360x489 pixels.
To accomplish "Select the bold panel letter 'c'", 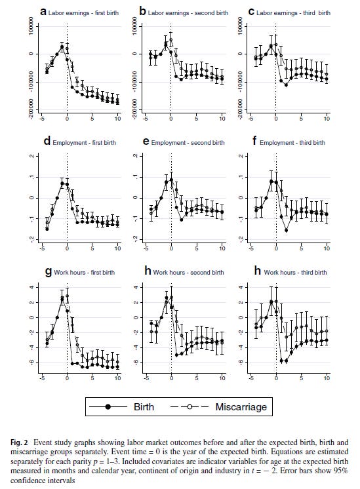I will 252,11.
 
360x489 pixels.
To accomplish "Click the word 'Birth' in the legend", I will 144,406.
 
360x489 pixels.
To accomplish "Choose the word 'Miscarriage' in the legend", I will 241,406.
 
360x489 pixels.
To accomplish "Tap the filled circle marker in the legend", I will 108,407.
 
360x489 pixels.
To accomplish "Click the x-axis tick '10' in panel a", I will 118,118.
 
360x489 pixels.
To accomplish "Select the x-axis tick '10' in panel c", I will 327,118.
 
